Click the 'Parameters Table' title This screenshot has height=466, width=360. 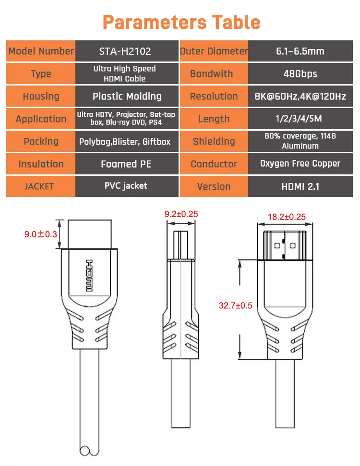181,22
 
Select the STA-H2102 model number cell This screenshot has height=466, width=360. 127,51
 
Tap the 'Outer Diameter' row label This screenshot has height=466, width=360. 214,51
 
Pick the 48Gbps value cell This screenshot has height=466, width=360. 300,74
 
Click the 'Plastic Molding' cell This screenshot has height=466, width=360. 127,96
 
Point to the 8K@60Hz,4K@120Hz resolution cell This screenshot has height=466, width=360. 300,96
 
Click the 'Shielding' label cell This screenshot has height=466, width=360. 214,141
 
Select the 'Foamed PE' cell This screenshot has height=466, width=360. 127,164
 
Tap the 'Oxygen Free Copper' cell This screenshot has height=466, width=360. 300,164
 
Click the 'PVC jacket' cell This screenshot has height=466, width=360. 127,186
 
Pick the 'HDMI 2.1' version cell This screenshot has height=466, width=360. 300,186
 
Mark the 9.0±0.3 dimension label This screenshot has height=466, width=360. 41,234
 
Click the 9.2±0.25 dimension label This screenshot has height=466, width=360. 181,214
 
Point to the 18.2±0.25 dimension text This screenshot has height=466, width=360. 287,217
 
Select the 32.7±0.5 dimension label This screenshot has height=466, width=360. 236,306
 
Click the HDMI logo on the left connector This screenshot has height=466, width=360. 89,275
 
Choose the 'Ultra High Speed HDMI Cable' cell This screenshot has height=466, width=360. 127,74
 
